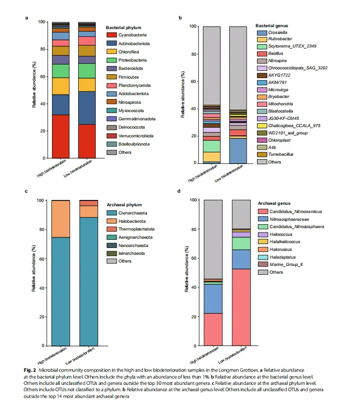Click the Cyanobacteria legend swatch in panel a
click(x=111, y=35)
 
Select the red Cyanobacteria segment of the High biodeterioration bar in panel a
click(x=60, y=136)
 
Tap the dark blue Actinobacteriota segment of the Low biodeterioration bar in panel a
click(x=87, y=108)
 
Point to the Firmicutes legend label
click(x=129, y=77)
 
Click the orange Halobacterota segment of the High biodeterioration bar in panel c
click(x=60, y=218)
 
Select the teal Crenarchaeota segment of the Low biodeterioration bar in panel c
click(x=88, y=281)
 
